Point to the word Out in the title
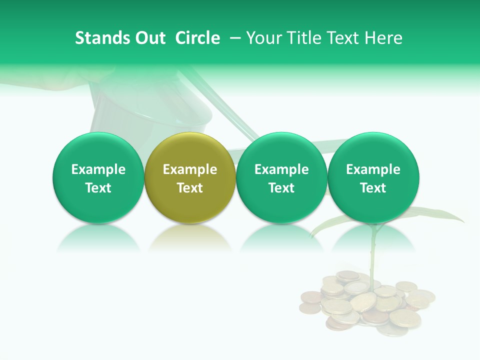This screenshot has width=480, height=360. click(150, 38)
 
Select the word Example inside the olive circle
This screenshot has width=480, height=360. click(190, 169)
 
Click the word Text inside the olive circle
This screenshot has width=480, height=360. click(190, 188)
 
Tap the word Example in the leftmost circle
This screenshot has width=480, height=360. click(98, 169)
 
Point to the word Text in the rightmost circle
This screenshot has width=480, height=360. click(373, 188)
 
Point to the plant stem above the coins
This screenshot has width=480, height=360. click(372, 255)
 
